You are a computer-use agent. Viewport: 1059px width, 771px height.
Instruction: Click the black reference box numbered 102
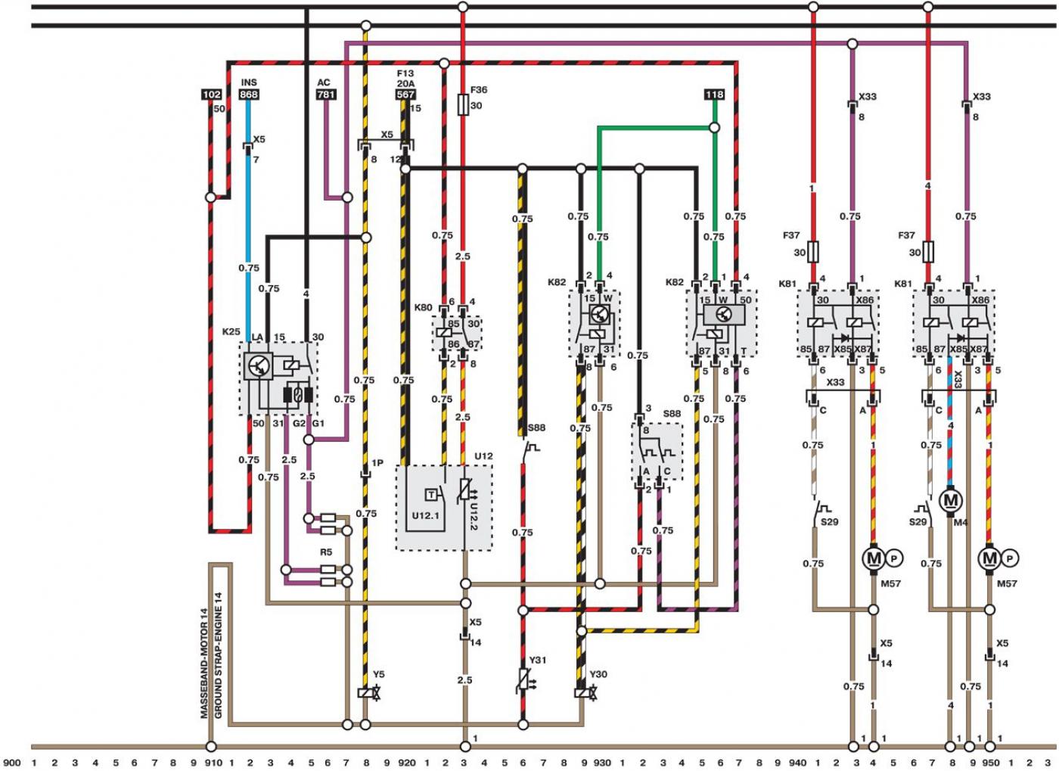211,95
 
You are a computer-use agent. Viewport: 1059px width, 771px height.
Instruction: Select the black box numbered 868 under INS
249,95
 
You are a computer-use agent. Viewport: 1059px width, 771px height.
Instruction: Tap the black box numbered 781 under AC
326,95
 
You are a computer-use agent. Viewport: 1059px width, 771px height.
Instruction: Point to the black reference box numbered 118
714,95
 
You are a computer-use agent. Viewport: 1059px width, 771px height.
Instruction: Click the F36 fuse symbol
463,105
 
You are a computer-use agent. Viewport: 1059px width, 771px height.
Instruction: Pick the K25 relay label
231,331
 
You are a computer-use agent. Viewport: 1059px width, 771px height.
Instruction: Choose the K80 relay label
423,307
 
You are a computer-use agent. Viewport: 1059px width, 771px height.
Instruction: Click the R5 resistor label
326,552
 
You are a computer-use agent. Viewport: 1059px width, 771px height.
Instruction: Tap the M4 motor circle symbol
950,499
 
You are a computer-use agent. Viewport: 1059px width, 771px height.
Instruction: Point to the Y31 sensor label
538,660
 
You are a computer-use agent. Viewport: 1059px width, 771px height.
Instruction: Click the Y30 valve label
598,674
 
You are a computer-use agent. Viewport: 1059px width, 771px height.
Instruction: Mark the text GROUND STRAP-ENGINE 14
218,655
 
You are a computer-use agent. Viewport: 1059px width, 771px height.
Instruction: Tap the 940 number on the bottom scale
797,763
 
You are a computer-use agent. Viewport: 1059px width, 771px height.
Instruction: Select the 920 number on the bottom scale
407,763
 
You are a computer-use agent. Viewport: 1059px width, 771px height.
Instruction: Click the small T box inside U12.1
431,495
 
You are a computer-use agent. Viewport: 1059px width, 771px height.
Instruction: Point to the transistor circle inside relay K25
259,365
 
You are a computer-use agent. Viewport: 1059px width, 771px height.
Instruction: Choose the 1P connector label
377,462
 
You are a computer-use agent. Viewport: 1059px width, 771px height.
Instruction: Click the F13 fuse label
405,73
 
